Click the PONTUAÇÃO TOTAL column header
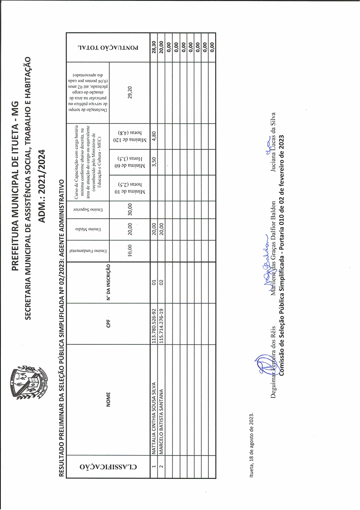click(x=107, y=46)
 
